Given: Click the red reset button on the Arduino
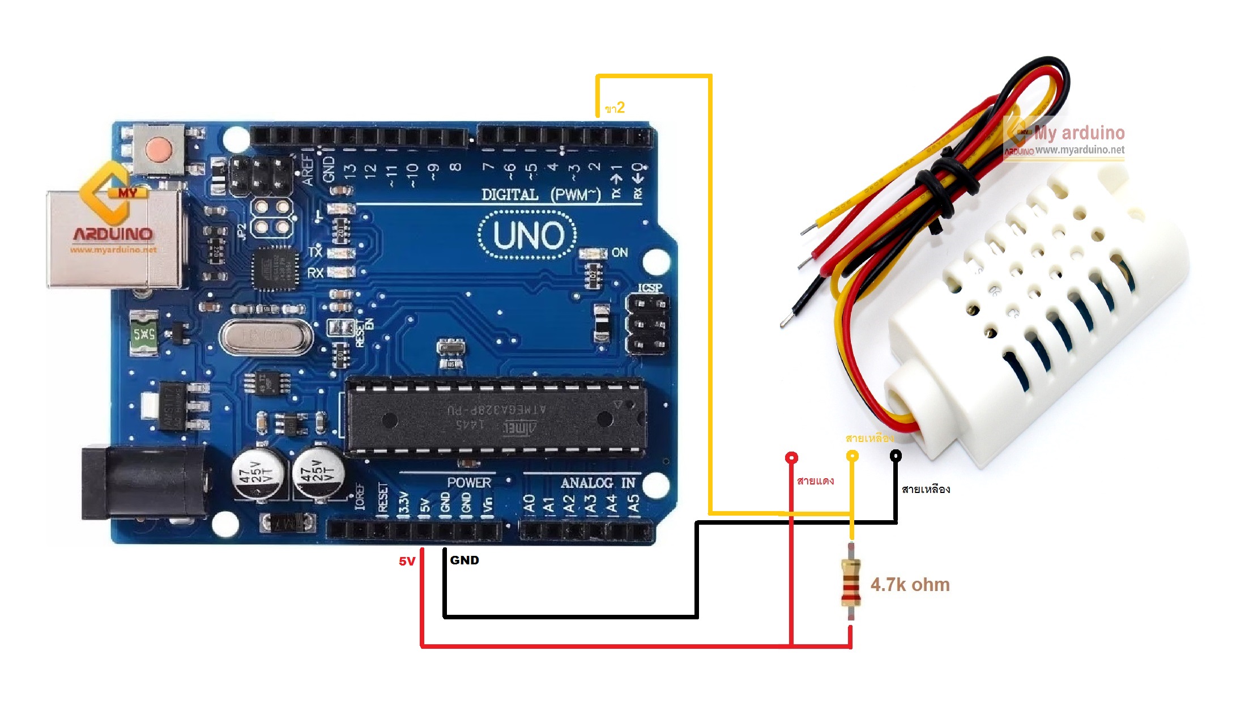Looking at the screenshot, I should [159, 150].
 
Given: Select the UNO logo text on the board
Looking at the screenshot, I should [528, 235].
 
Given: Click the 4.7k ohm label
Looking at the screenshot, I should [910, 585].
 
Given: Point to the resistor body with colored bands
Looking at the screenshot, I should [851, 582].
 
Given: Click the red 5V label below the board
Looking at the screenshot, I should [407, 561].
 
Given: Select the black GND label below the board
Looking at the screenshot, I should [464, 560].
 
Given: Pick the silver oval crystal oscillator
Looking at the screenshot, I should [266, 336].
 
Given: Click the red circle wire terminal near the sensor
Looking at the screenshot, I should [791, 457].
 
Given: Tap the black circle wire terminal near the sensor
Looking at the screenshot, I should [896, 456].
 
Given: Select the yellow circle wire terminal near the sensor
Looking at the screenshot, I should [852, 456].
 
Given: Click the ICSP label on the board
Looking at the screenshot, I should [650, 288].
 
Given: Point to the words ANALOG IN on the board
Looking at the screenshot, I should [598, 483].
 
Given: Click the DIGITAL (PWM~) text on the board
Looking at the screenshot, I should [541, 195].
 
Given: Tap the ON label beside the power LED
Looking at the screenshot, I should [620, 252].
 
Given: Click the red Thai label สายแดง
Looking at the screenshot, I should [815, 481].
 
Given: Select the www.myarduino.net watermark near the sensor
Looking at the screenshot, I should [1080, 150].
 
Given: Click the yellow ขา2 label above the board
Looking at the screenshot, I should [615, 108].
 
